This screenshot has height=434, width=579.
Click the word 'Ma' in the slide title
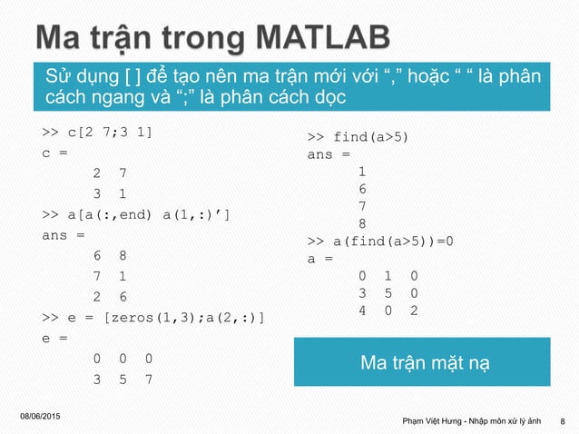[x=64, y=39]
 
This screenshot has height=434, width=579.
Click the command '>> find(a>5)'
[x=358, y=137]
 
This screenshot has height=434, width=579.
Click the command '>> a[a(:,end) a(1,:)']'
[x=136, y=215]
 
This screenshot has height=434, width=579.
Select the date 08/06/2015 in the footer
[x=40, y=414]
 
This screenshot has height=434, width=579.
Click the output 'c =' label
[x=54, y=153]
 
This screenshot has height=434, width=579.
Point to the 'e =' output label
[x=54, y=338]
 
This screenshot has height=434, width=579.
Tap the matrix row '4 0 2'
[x=388, y=311]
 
